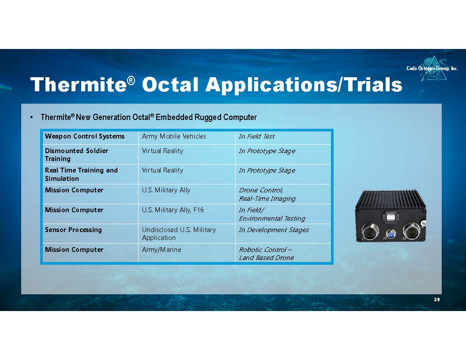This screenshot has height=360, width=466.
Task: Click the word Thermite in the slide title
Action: [79, 85]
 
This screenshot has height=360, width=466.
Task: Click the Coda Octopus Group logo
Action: [432, 68]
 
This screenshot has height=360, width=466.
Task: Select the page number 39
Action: [436, 300]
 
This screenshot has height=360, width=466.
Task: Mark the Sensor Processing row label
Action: [73, 229]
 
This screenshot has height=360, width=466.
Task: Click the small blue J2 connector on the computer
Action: [391, 235]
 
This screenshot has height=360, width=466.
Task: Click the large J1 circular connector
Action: [370, 232]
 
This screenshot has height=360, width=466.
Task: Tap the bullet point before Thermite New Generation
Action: [31, 117]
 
